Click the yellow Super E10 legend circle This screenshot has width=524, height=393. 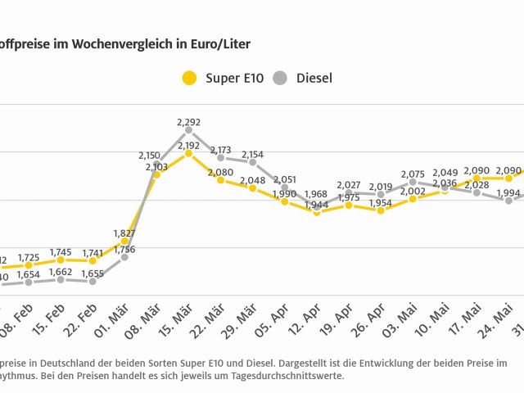point(189,79)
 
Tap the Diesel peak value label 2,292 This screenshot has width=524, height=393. point(188,122)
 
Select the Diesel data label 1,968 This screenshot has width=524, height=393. point(317,193)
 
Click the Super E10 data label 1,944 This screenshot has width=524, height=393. point(317,204)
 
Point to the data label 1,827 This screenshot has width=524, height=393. point(124,233)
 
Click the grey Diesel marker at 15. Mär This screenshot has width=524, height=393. point(188,129)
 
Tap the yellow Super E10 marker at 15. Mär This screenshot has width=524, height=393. point(188,152)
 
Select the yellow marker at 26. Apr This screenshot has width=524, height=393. point(381,210)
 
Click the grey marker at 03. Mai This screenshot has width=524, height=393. point(413,183)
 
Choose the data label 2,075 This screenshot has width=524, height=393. point(413,174)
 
